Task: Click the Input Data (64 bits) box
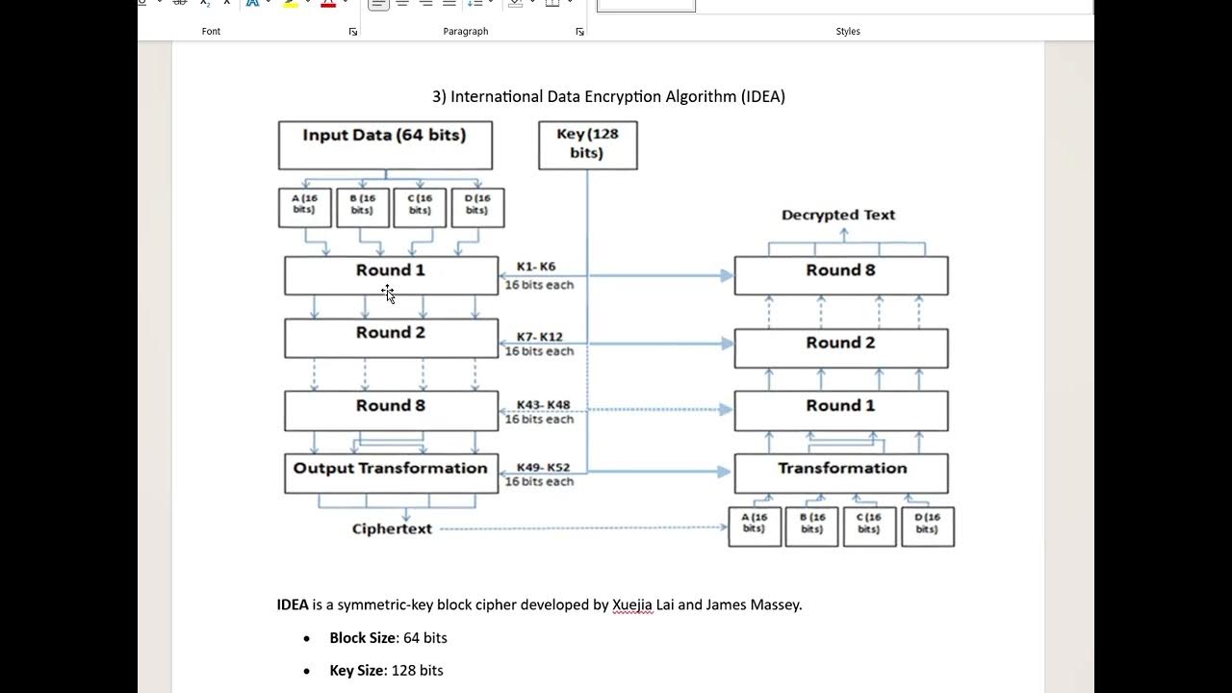[385, 144]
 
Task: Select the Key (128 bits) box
[587, 144]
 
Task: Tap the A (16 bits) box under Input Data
[304, 207]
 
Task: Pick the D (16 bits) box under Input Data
[477, 207]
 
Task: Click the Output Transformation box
[391, 473]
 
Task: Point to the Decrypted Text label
[838, 215]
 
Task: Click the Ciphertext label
[392, 528]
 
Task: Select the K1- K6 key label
[536, 267]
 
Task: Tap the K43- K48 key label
[543, 405]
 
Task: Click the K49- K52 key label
[543, 468]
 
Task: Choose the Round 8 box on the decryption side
[840, 274]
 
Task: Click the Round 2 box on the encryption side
[391, 338]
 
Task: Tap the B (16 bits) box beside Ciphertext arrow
[811, 526]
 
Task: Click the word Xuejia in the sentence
[632, 604]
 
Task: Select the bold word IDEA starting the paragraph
[293, 604]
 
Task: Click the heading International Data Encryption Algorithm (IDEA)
[608, 96]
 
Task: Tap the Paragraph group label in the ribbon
[465, 31]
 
